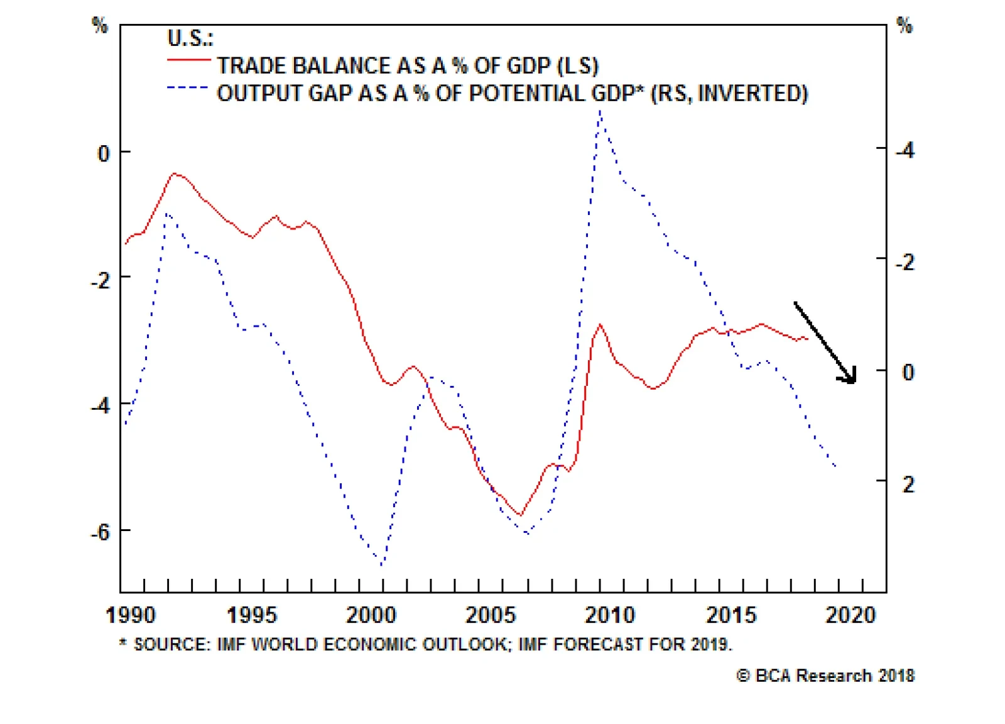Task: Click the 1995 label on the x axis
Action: click(251, 615)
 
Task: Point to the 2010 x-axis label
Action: click(610, 615)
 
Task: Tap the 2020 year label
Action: click(850, 615)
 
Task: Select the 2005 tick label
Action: click(490, 615)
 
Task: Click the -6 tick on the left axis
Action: click(100, 532)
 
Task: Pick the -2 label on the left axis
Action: click(100, 280)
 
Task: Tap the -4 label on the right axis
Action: click(905, 150)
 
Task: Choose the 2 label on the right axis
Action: click(908, 484)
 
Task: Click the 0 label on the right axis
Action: click(908, 372)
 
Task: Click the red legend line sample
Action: click(188, 60)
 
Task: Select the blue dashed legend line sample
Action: click(187, 88)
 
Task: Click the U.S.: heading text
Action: click(190, 38)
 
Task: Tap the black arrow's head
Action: click(852, 379)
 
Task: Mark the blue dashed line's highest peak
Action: click(600, 112)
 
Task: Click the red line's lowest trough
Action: click(519, 515)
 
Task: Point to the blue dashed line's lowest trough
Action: click(382, 564)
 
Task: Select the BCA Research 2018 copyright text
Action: click(825, 676)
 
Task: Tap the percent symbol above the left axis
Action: click(100, 26)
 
